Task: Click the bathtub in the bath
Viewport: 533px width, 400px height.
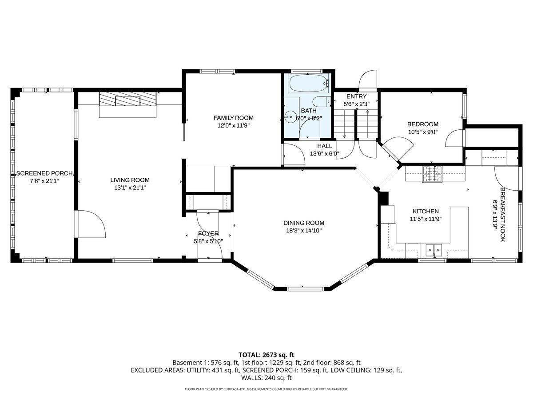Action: click(308, 83)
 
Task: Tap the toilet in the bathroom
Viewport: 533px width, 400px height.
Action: click(322, 102)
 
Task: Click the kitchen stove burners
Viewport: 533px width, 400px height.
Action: click(432, 174)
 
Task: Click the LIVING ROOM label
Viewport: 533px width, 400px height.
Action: click(130, 180)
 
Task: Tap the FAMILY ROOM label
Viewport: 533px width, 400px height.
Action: click(233, 118)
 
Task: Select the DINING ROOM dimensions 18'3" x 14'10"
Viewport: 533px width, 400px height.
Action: click(304, 231)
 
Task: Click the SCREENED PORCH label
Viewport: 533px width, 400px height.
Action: click(44, 173)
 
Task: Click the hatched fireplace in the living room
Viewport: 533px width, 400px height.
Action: click(127, 99)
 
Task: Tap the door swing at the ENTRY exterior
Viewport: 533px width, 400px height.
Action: click(368, 80)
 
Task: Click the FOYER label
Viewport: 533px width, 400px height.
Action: click(208, 233)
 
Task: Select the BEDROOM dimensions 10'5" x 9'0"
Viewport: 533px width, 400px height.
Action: click(422, 132)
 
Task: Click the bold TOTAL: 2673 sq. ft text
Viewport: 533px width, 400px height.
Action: click(266, 355)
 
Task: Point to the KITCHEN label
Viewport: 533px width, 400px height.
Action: click(426, 211)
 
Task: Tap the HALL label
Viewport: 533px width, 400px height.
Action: click(325, 146)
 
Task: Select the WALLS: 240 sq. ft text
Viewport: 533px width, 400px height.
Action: click(266, 378)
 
